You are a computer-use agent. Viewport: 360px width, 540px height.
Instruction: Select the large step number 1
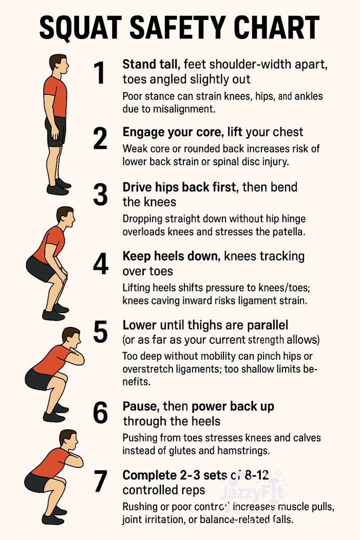tap(100, 72)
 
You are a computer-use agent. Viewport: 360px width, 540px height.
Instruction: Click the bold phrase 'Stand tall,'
tap(151, 64)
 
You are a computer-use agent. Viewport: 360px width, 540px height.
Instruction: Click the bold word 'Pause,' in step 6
tap(141, 407)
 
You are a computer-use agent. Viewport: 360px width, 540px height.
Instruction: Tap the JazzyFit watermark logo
tap(254, 493)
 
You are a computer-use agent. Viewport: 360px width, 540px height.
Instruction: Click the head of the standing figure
tap(59, 64)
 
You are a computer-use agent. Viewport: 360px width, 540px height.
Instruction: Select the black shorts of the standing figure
tap(55, 131)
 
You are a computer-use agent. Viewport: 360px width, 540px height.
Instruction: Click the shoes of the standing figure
tap(59, 187)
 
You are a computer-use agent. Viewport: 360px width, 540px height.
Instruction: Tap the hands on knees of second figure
tap(63, 275)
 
